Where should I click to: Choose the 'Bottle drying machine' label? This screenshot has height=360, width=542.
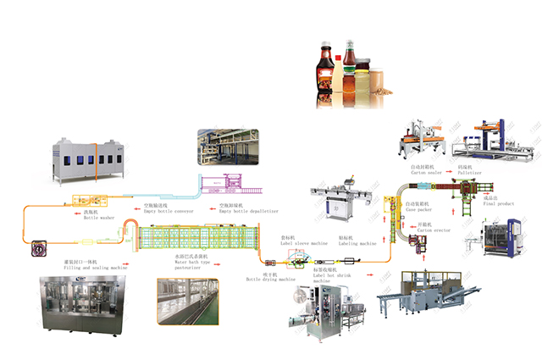(270, 279)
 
